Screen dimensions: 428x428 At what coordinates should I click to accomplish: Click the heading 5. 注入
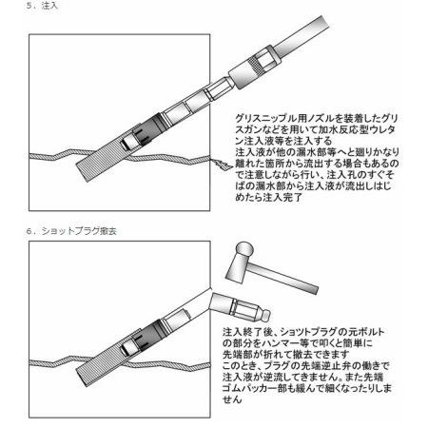(x=42, y=6)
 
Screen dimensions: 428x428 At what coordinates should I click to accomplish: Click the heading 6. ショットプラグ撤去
(x=71, y=231)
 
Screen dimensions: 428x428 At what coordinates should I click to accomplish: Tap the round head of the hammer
(x=243, y=249)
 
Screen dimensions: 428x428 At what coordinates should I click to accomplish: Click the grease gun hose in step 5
(x=302, y=36)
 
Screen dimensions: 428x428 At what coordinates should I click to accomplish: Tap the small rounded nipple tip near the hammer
(x=265, y=315)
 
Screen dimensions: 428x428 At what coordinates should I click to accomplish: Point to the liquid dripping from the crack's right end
(x=221, y=164)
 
